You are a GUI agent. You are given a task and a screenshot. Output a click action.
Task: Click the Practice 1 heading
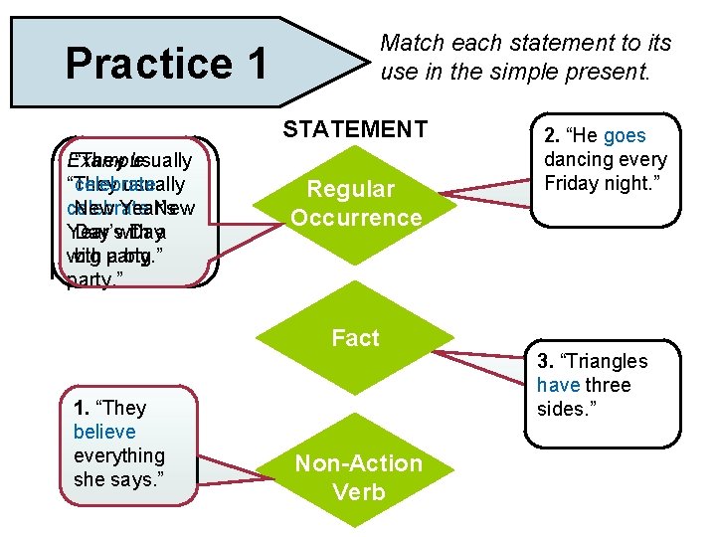click(166, 64)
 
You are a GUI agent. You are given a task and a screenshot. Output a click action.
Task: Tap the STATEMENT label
click(355, 129)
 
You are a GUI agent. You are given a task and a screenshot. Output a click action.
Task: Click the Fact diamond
click(355, 338)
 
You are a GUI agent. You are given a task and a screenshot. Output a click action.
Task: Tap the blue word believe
click(104, 432)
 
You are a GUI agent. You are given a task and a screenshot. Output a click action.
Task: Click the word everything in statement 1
click(119, 455)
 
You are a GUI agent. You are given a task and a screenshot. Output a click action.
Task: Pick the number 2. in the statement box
click(552, 136)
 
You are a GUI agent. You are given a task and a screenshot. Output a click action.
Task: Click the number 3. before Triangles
click(545, 361)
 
